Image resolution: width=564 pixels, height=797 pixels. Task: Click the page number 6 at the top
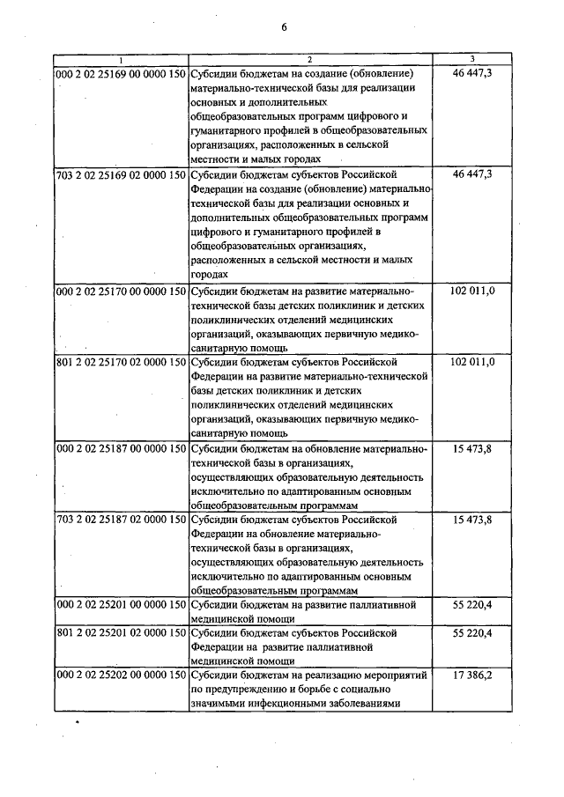(x=285, y=26)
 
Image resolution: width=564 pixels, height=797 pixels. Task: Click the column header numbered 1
(x=121, y=59)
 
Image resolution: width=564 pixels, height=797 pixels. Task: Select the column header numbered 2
(x=310, y=59)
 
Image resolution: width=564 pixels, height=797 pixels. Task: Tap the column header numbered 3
(x=471, y=59)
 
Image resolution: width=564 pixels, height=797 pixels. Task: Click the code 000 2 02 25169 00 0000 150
(x=121, y=73)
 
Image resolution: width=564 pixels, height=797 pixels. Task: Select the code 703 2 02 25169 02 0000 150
(x=121, y=174)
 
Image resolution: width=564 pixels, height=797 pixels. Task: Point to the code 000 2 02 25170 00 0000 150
(x=121, y=290)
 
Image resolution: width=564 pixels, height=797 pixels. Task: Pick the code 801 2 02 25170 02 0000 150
(x=121, y=361)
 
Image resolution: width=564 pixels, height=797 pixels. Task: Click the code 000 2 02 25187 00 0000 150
(x=121, y=448)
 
